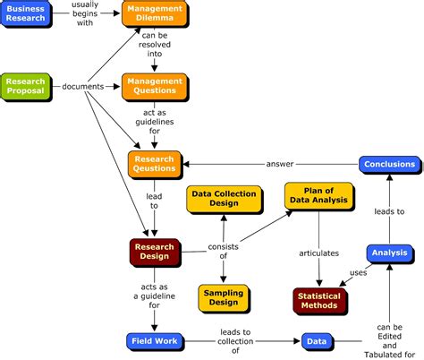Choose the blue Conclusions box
point(388,164)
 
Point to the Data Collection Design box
point(224,199)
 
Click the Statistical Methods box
point(319,300)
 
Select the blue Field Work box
point(155,341)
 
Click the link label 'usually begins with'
point(86,15)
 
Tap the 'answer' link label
point(280,164)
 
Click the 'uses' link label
point(358,273)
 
